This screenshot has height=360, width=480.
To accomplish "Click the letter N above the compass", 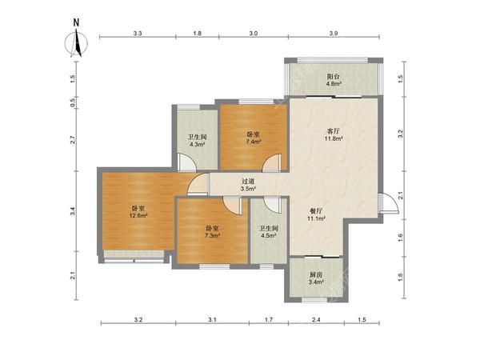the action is tap(76, 22).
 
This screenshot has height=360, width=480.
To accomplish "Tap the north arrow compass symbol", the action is tap(76, 43).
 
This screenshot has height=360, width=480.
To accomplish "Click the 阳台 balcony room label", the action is tap(334, 76).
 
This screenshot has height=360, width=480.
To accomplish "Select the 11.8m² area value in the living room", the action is tap(334, 138).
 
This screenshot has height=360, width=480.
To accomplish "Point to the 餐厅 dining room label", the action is tap(316, 211).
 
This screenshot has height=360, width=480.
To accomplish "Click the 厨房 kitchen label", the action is tap(316, 275).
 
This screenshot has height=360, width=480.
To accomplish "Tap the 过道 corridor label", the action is tap(248, 182).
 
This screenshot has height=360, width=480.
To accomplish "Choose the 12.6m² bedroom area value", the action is tap(138, 215).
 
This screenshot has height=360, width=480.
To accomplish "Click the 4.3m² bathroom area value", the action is tap(198, 145).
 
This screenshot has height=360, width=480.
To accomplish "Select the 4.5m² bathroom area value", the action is tap(269, 236).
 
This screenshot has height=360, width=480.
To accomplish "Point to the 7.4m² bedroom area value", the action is tap(254, 142).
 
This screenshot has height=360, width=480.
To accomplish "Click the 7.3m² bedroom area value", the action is tap(213, 236).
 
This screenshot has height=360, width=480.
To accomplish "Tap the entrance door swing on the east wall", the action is tap(388, 203).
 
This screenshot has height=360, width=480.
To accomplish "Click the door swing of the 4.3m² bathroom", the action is tap(187, 162).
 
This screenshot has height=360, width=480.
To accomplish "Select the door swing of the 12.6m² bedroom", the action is tap(198, 184).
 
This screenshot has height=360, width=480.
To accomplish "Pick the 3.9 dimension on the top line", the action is tap(334, 34).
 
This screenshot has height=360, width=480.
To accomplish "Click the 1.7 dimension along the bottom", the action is tap(269, 320).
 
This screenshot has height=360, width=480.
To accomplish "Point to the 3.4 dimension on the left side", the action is tap(73, 211).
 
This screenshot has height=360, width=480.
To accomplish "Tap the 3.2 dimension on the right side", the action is tap(401, 134).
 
